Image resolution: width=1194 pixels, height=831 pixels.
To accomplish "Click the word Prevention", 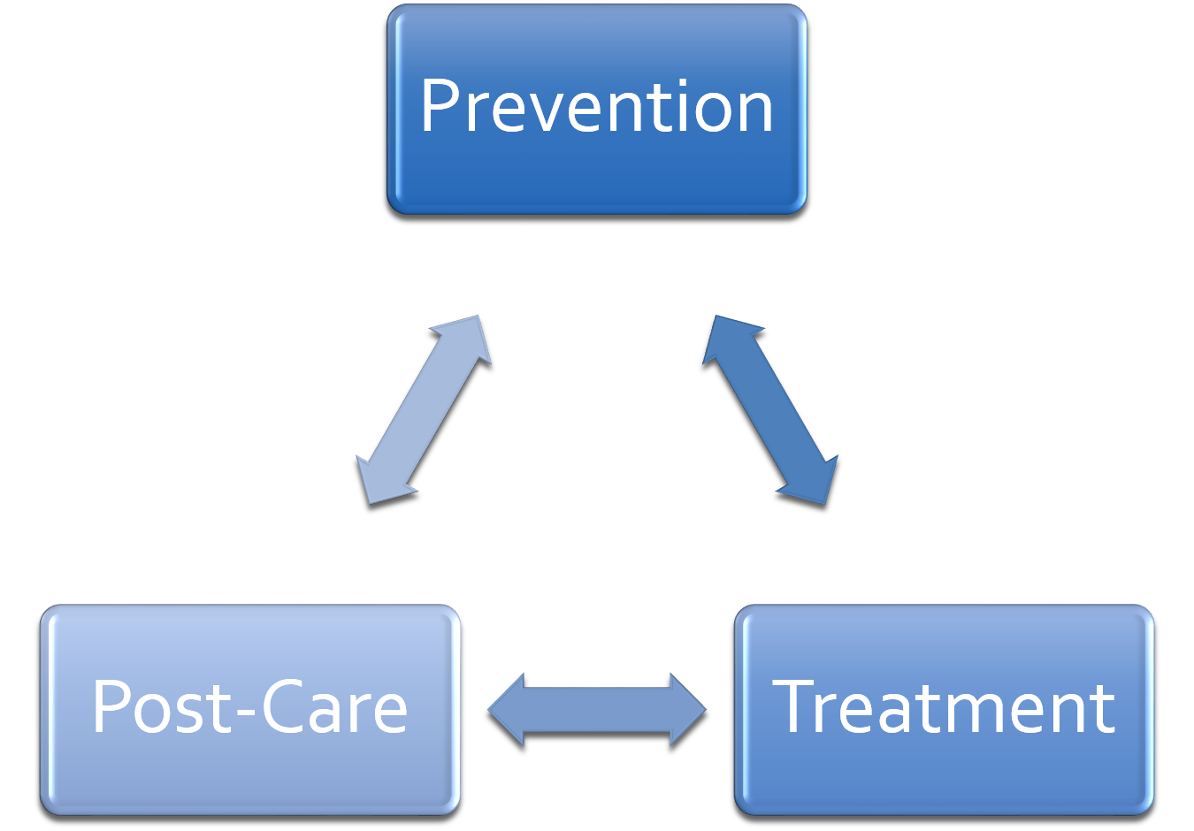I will click(x=597, y=107).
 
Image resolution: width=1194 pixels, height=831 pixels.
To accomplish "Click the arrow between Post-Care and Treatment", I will click(x=597, y=709).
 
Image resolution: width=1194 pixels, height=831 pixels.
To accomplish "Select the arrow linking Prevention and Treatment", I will click(x=770, y=409).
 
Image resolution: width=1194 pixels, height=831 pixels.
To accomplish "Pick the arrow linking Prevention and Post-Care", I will click(x=423, y=409).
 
